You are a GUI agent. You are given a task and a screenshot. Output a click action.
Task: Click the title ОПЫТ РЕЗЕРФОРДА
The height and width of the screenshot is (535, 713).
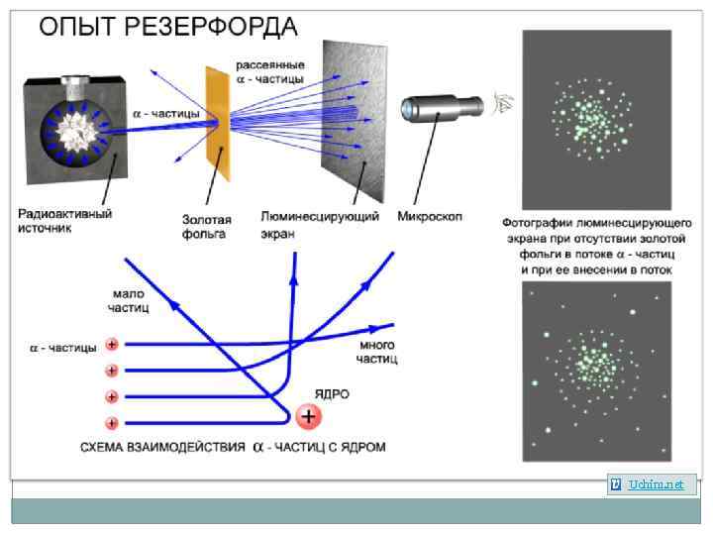point(168,26)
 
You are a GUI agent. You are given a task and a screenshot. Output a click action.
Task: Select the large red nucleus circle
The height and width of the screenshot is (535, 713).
point(309,415)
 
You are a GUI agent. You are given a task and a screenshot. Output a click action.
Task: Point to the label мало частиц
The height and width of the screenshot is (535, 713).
point(128,300)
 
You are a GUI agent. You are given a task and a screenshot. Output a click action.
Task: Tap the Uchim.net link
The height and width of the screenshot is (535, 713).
point(654,483)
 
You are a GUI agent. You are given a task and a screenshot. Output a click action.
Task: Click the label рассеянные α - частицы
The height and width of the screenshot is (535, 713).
point(270,71)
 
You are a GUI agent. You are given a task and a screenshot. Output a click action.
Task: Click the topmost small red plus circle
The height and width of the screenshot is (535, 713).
point(112,345)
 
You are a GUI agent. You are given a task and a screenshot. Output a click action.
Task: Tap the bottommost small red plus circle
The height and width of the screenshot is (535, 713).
point(112,422)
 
